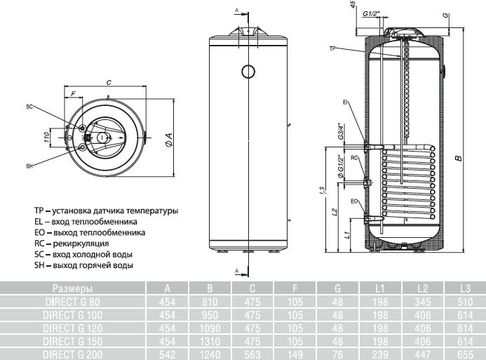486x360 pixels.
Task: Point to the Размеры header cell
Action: click(72, 288)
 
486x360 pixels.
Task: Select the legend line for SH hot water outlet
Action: click(83, 265)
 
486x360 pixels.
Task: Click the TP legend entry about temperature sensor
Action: click(105, 210)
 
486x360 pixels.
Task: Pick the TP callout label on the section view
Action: click(332, 48)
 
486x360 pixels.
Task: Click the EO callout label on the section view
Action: click(355, 201)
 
